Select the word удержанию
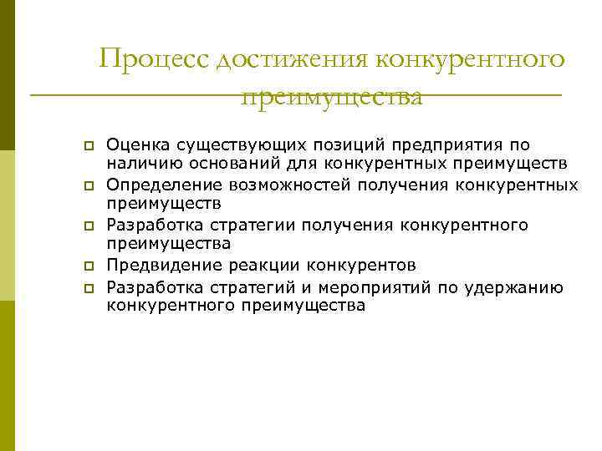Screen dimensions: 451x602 [523, 287]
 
